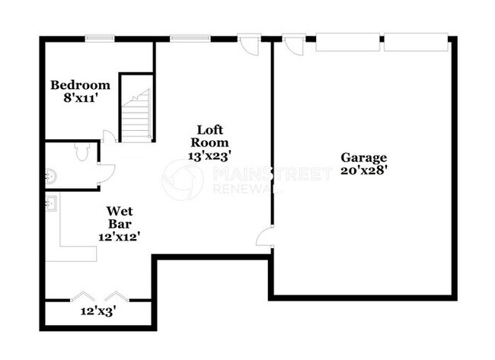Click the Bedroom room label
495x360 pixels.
click(x=80, y=85)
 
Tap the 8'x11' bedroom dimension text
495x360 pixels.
click(x=80, y=98)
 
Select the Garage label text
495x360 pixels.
click(x=363, y=158)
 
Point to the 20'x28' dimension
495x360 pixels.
click(x=363, y=170)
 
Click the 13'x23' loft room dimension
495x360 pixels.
click(x=209, y=155)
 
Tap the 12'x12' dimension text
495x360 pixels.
click(x=120, y=237)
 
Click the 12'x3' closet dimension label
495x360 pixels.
click(x=98, y=311)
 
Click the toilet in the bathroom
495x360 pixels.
click(x=84, y=152)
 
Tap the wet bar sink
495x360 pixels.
click(x=52, y=203)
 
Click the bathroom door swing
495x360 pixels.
click(x=105, y=174)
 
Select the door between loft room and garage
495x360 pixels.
click(x=265, y=237)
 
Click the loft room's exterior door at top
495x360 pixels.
click(x=248, y=44)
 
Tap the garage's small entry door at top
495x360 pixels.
click(x=294, y=44)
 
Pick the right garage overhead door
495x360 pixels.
click(x=415, y=42)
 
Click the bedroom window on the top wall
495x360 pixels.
click(x=99, y=38)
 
